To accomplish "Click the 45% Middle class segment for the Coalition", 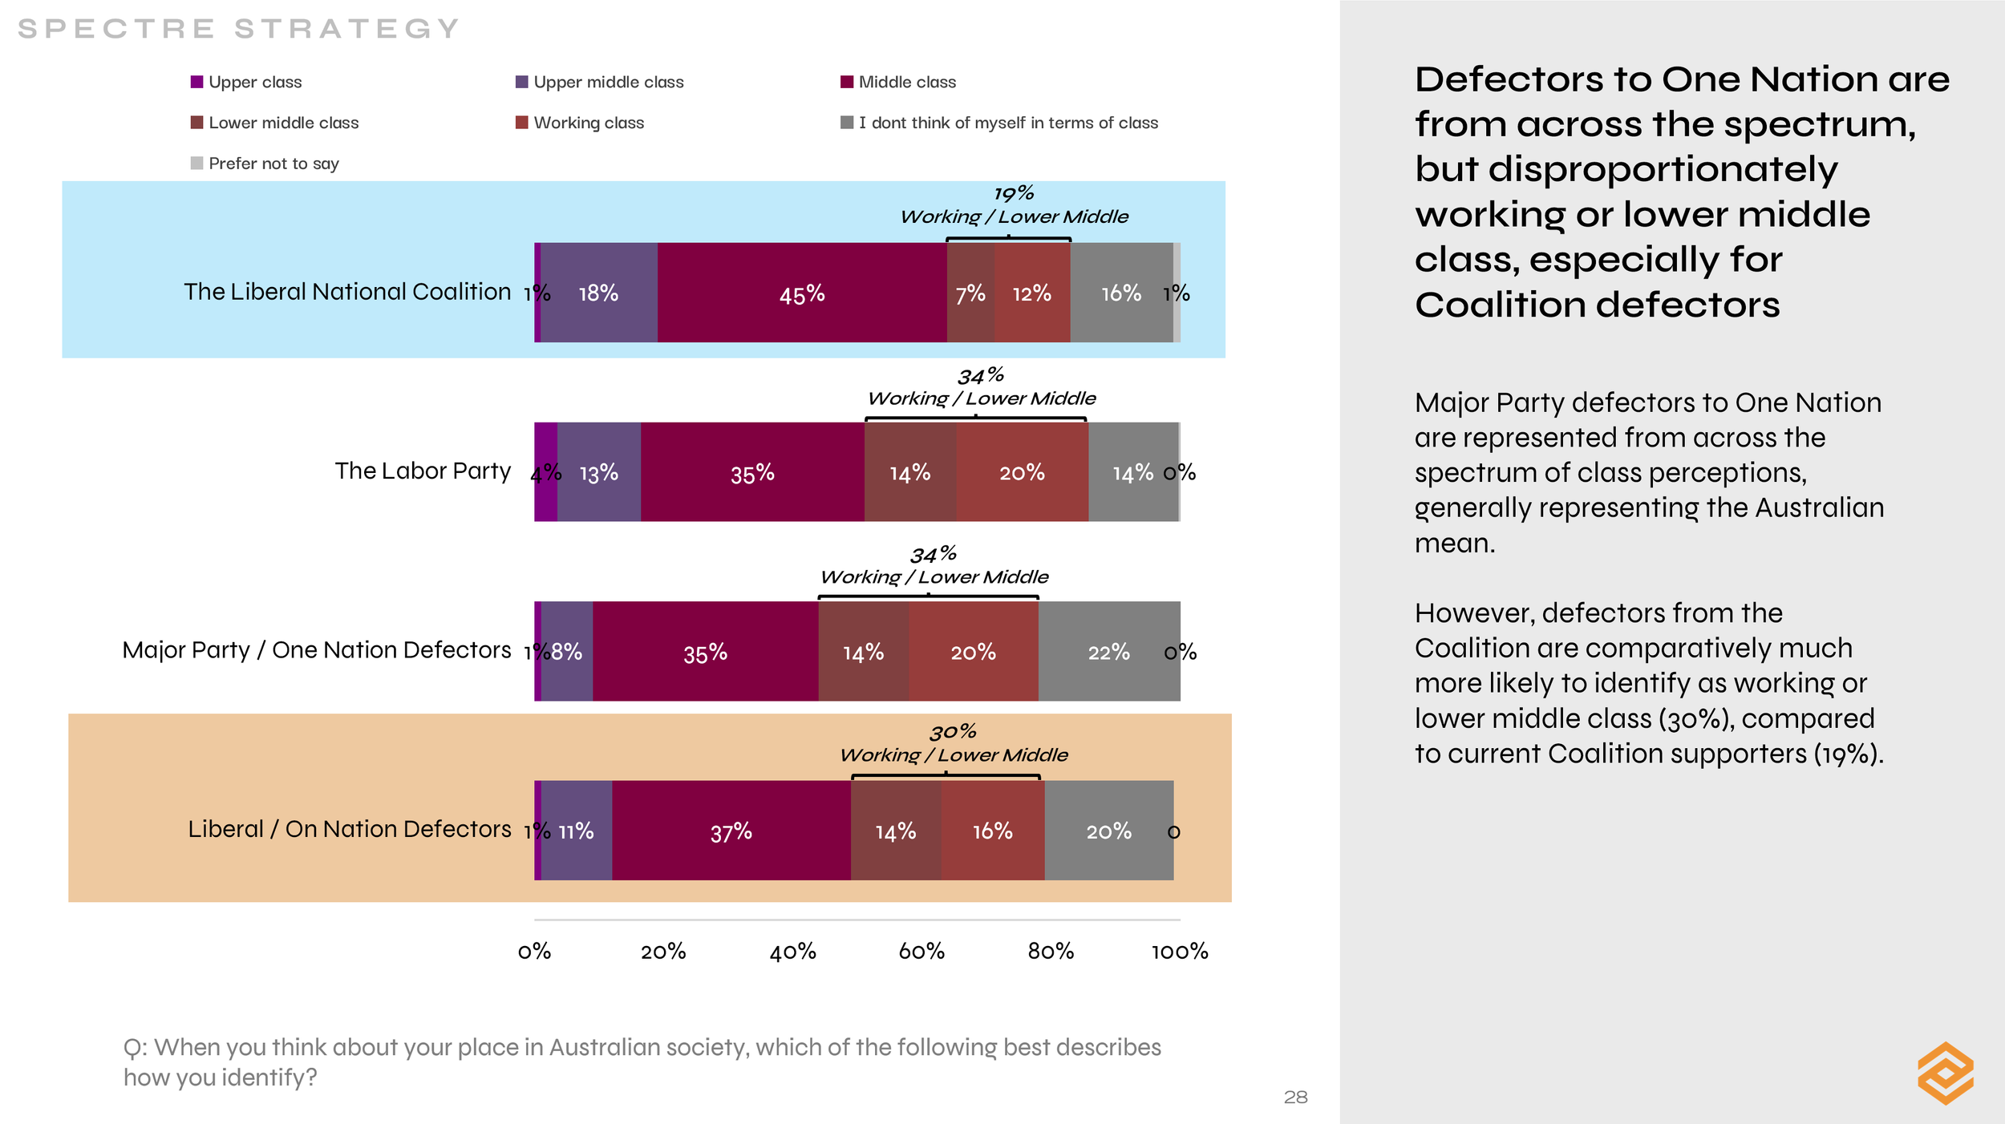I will click(x=802, y=293).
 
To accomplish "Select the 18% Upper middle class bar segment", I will click(x=598, y=293).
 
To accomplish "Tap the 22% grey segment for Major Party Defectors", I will click(x=1109, y=652).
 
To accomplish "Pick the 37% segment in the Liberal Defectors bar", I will click(x=731, y=831).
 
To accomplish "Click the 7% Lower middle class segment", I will click(x=970, y=293).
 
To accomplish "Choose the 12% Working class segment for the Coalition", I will click(x=1032, y=293).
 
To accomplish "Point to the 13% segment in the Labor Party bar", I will click(x=599, y=473).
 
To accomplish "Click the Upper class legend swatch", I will click(x=196, y=82).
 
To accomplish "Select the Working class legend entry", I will click(x=588, y=123).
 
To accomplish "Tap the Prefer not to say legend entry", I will click(x=273, y=164).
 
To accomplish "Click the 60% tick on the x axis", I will click(x=921, y=952).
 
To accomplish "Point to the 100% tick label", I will click(x=1180, y=952).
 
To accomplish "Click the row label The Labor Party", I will click(x=423, y=471).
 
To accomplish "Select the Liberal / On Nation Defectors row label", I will click(x=350, y=829).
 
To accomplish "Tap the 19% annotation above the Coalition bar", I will click(x=1014, y=194).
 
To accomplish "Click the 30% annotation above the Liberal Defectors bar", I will click(x=953, y=732).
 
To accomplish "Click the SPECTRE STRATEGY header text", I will click(x=238, y=29).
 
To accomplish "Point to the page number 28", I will click(x=1295, y=1098).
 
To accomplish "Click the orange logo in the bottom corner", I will click(x=1946, y=1073).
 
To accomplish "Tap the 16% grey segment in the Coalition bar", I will click(x=1121, y=293).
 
